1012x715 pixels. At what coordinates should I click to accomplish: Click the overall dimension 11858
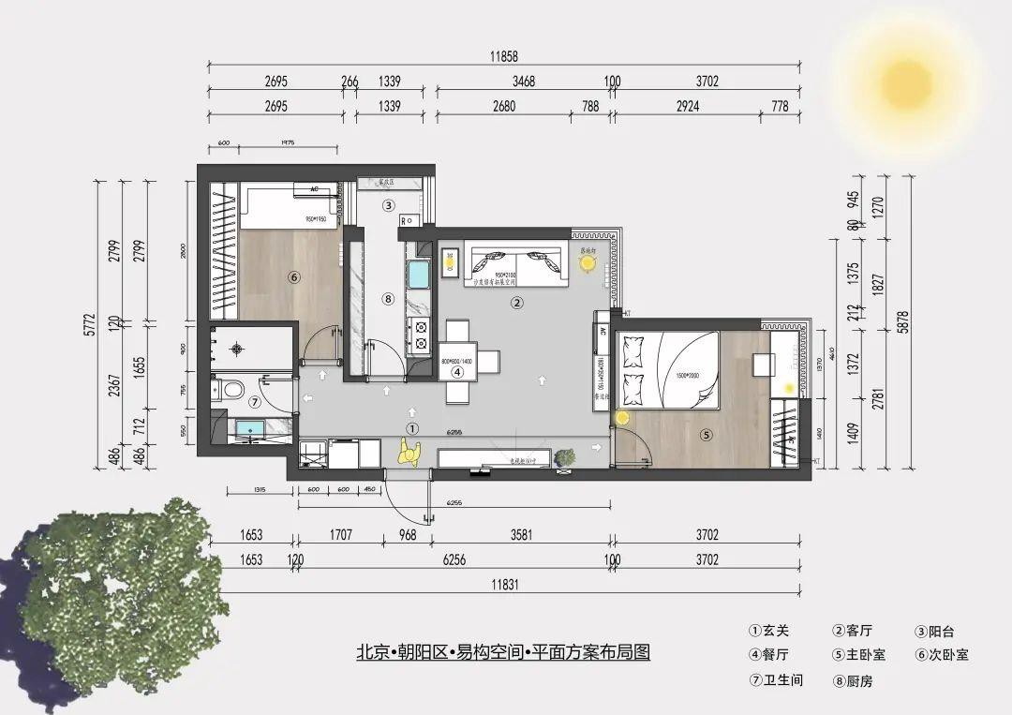[503, 57]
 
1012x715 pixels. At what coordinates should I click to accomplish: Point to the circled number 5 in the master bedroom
[707, 434]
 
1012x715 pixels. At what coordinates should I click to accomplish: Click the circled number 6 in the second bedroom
[293, 276]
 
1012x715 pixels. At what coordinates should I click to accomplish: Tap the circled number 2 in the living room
[515, 303]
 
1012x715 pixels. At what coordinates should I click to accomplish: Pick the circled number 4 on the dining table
[457, 371]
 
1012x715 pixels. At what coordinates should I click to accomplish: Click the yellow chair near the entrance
[409, 454]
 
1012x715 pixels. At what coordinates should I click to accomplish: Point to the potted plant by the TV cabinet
[565, 458]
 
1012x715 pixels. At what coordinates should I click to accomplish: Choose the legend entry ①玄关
[769, 632]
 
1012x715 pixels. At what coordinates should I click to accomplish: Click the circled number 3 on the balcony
[388, 205]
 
